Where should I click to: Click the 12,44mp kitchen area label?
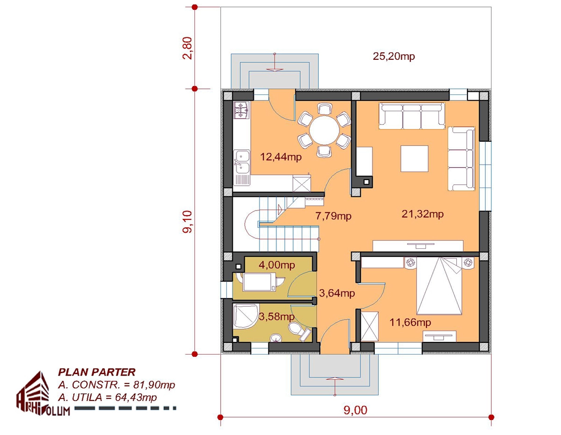[x=280, y=157]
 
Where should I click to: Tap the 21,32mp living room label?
[x=423, y=214]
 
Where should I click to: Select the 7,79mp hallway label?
[x=333, y=216]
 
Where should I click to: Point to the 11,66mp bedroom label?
[x=410, y=322]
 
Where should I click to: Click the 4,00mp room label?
[x=277, y=265]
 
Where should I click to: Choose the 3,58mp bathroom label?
[x=276, y=317]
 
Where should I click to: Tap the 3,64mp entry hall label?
[x=337, y=293]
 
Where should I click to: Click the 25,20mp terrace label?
[x=394, y=56]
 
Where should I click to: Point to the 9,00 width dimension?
[x=355, y=410]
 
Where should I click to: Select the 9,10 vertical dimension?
[x=187, y=222]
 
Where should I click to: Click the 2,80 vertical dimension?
[x=187, y=48]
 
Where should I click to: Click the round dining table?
[x=324, y=130]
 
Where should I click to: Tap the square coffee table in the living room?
[x=414, y=159]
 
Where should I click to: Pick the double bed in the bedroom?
[x=439, y=286]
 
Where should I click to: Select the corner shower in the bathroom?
[x=246, y=316]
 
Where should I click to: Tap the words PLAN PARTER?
[x=97, y=372]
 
